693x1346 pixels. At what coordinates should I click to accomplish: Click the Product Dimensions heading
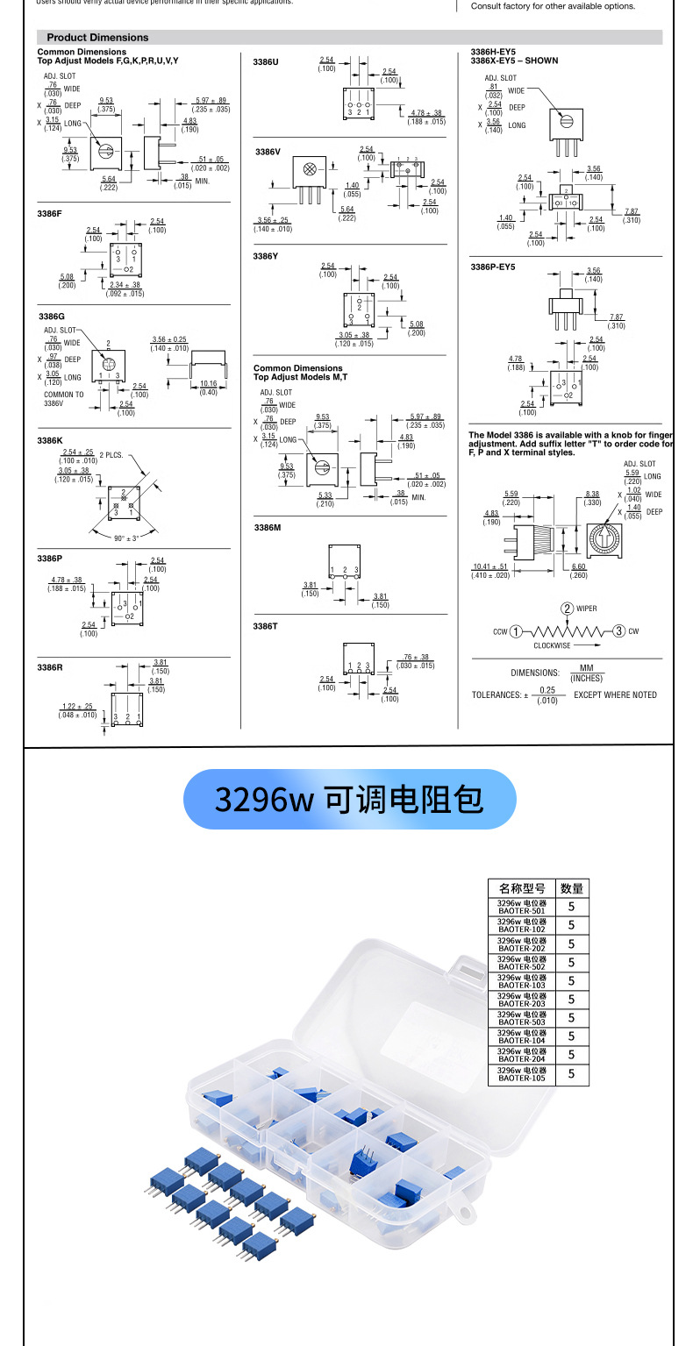[97, 38]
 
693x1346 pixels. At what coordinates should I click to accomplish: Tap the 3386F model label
[50, 214]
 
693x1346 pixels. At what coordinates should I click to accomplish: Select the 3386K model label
[50, 440]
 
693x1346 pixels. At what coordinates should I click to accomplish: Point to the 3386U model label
[266, 62]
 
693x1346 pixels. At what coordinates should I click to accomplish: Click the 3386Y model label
[266, 256]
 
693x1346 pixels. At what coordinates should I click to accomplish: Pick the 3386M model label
[267, 528]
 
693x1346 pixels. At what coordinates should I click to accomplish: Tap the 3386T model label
[265, 626]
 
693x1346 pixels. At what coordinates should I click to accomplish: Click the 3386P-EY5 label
[493, 267]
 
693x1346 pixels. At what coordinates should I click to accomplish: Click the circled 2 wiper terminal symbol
[568, 609]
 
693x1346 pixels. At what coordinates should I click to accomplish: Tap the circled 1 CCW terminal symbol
[516, 631]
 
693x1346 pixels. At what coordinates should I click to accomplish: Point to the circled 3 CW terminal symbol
[618, 631]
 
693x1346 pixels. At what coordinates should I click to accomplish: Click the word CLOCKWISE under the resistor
[552, 645]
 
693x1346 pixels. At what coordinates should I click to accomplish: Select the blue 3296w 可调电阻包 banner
[349, 800]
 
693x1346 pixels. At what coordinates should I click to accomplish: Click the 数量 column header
[571, 888]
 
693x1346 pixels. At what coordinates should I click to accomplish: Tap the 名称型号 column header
[522, 888]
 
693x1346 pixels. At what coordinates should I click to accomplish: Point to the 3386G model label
[52, 316]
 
